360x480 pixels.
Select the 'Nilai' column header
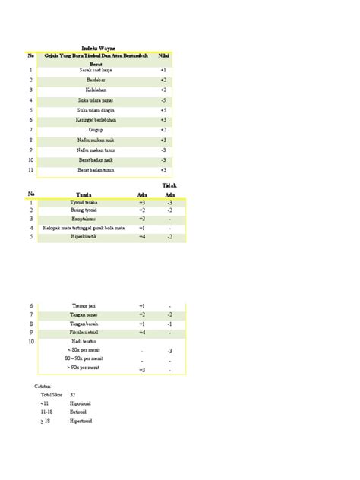(x=163, y=55)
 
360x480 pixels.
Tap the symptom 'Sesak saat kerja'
(x=96, y=70)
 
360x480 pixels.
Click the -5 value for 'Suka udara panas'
(x=163, y=99)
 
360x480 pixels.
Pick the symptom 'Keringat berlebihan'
(x=96, y=119)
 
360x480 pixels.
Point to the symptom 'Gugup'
(x=96, y=130)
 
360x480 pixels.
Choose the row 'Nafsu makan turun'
(x=96, y=150)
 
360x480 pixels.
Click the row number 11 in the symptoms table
(x=31, y=169)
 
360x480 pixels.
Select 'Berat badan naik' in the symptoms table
(x=96, y=159)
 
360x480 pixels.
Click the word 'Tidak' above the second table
(x=169, y=185)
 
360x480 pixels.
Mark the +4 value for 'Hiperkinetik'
(x=142, y=237)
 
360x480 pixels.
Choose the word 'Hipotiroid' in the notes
(x=81, y=403)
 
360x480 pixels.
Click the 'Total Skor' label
(x=52, y=395)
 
